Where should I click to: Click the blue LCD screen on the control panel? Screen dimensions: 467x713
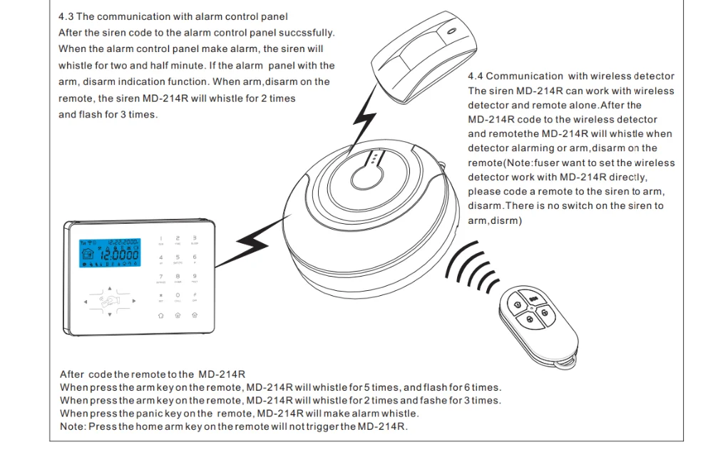point(108,253)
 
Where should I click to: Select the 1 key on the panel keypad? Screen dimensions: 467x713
point(160,238)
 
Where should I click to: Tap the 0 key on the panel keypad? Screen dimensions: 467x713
point(178,295)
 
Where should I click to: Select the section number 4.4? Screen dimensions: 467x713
point(476,76)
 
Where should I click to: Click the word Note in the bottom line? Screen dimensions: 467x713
point(71,426)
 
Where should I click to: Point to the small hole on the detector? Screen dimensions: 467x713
point(450,32)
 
